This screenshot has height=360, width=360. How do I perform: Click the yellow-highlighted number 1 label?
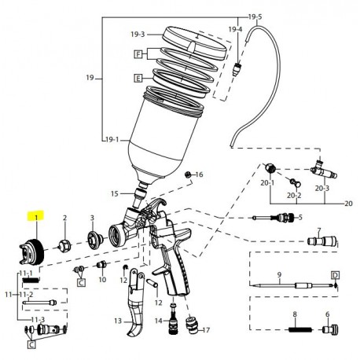tap(36, 217)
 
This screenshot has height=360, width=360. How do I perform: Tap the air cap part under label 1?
tap(32, 251)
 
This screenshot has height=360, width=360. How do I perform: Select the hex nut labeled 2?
tap(64, 245)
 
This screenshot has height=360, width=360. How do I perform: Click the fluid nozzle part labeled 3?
tap(95, 239)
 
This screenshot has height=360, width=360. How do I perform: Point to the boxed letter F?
tap(138, 54)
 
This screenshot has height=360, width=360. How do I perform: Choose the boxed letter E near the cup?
tap(138, 78)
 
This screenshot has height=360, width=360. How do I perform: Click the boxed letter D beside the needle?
tap(335, 276)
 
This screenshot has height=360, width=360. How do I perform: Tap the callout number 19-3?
tap(138, 35)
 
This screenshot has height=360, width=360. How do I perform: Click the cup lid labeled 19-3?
tap(195, 42)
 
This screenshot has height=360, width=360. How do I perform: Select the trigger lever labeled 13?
tap(136, 303)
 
